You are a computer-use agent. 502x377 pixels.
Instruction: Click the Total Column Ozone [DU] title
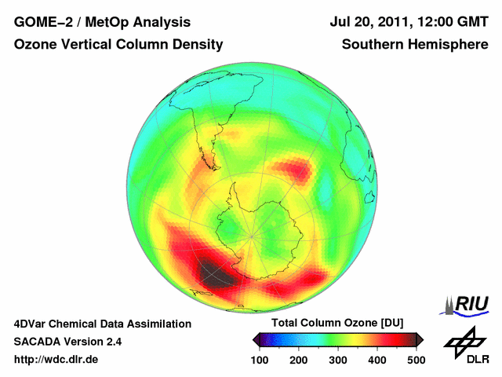point(337,324)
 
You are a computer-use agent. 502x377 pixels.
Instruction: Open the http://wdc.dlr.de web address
point(56,360)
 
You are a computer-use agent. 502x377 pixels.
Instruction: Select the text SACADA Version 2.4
point(67,342)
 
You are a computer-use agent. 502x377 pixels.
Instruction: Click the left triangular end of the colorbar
point(256,339)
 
